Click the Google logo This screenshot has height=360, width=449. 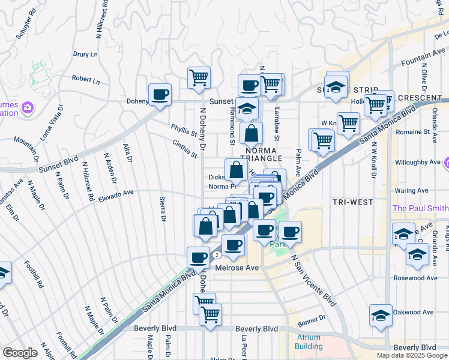(20, 352)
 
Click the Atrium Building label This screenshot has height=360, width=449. (309, 341)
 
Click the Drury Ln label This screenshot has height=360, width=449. (85, 54)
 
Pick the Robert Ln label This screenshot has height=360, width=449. (86, 79)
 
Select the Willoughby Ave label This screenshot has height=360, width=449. (418, 162)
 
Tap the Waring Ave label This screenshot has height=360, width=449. (412, 190)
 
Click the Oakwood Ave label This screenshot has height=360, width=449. (413, 312)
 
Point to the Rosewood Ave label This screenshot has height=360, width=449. (415, 278)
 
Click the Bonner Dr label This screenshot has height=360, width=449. (312, 317)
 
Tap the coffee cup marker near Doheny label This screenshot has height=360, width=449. (160, 94)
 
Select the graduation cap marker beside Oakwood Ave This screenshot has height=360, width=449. (381, 316)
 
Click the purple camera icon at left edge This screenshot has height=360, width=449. (27, 108)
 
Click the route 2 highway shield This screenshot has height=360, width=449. (215, 255)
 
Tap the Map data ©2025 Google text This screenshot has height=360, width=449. (411, 355)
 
